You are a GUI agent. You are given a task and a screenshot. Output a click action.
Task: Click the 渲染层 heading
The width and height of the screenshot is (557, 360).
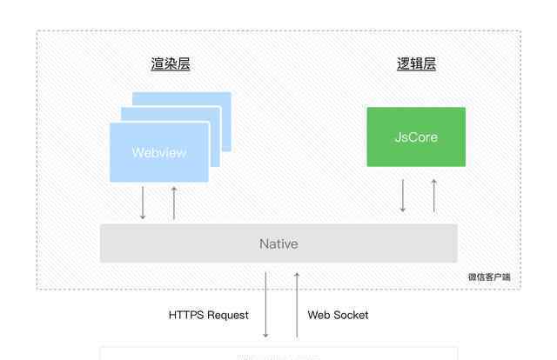(x=170, y=64)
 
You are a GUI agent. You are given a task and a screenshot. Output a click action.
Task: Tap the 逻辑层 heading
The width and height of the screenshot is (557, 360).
(x=416, y=64)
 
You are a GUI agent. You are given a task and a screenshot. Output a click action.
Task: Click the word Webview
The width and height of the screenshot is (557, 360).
(x=159, y=153)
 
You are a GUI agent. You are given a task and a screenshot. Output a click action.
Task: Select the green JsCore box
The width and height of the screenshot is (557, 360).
(x=416, y=137)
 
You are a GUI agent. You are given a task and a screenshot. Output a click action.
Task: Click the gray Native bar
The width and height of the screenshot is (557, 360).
(x=278, y=243)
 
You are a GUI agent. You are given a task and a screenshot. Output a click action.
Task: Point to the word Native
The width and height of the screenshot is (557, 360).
(x=278, y=243)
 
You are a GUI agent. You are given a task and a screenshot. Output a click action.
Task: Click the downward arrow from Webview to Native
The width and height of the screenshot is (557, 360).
(x=143, y=203)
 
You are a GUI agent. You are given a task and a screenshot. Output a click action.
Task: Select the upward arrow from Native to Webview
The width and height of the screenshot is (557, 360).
(x=174, y=203)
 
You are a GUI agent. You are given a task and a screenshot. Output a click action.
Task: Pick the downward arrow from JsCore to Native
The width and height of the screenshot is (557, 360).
(x=403, y=196)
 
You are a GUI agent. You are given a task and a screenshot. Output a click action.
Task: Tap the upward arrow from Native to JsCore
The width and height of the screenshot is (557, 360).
(x=433, y=196)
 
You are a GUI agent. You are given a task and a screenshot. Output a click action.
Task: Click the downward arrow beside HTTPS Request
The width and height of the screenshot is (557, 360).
(x=266, y=304)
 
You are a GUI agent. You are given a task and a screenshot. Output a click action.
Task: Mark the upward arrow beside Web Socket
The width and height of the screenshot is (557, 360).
(x=297, y=304)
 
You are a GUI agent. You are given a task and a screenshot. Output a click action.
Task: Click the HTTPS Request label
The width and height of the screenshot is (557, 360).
(x=209, y=315)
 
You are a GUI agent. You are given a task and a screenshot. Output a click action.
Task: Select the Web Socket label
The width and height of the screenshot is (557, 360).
(x=338, y=315)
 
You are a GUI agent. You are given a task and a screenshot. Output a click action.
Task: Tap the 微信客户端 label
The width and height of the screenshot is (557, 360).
(x=489, y=277)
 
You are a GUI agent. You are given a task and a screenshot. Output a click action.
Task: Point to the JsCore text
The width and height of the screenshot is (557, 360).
(x=416, y=137)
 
